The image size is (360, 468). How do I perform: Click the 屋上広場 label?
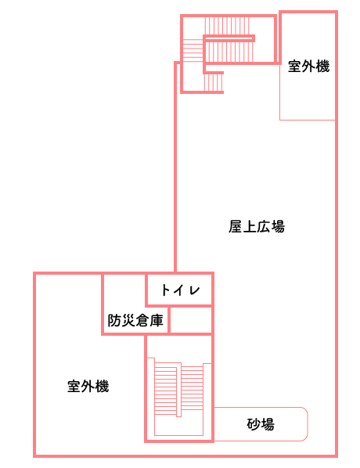pos(257,226)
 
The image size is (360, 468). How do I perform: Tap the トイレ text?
pos(181,290)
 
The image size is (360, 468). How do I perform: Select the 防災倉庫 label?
pos(135,321)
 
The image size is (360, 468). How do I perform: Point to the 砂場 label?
pos(261,424)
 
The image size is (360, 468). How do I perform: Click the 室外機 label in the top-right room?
pos(308,66)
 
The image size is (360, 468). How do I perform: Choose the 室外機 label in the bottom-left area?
pos(88,387)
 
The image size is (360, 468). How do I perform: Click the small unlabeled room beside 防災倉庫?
pos(190,319)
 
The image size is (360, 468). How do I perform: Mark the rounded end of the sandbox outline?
pos(307,424)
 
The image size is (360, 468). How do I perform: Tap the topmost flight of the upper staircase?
pos(227,26)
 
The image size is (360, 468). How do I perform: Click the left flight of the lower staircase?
pos(166,388)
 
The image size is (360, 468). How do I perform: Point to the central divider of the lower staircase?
pos(178,390)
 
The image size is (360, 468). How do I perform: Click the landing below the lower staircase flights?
pos(178,426)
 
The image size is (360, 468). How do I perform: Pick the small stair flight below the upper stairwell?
pos(214,82)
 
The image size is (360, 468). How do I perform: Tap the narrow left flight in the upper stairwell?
pos(193,50)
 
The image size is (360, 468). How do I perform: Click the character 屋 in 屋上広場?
pos(236,226)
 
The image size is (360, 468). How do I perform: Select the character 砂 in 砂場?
pos(254,424)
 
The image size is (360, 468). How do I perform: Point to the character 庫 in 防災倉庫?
pos(157,321)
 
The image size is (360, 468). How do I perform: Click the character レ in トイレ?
pos(194,290)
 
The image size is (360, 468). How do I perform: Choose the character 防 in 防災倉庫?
pos(114,321)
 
